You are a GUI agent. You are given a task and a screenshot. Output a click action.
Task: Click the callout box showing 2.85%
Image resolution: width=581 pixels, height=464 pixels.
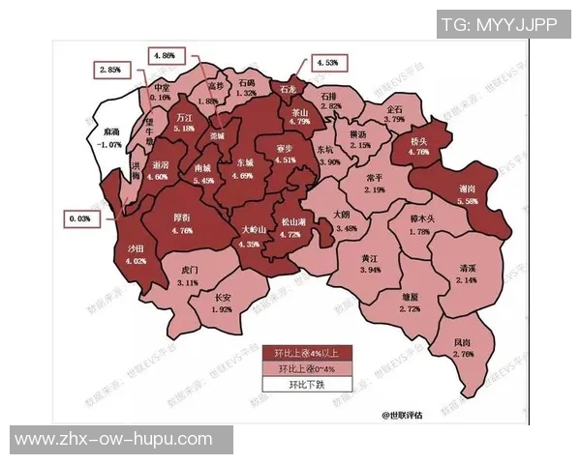point(109,71)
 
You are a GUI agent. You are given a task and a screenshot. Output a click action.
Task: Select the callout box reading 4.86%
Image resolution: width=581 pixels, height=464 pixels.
point(164,56)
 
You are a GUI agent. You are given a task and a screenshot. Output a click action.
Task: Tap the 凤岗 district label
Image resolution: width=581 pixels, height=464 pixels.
point(464,343)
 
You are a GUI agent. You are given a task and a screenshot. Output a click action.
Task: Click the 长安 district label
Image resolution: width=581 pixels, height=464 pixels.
point(224,298)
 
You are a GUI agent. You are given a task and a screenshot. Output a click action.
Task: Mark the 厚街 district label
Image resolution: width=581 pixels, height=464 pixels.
point(181,219)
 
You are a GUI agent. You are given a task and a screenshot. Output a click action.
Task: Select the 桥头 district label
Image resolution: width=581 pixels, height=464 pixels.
point(418,140)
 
